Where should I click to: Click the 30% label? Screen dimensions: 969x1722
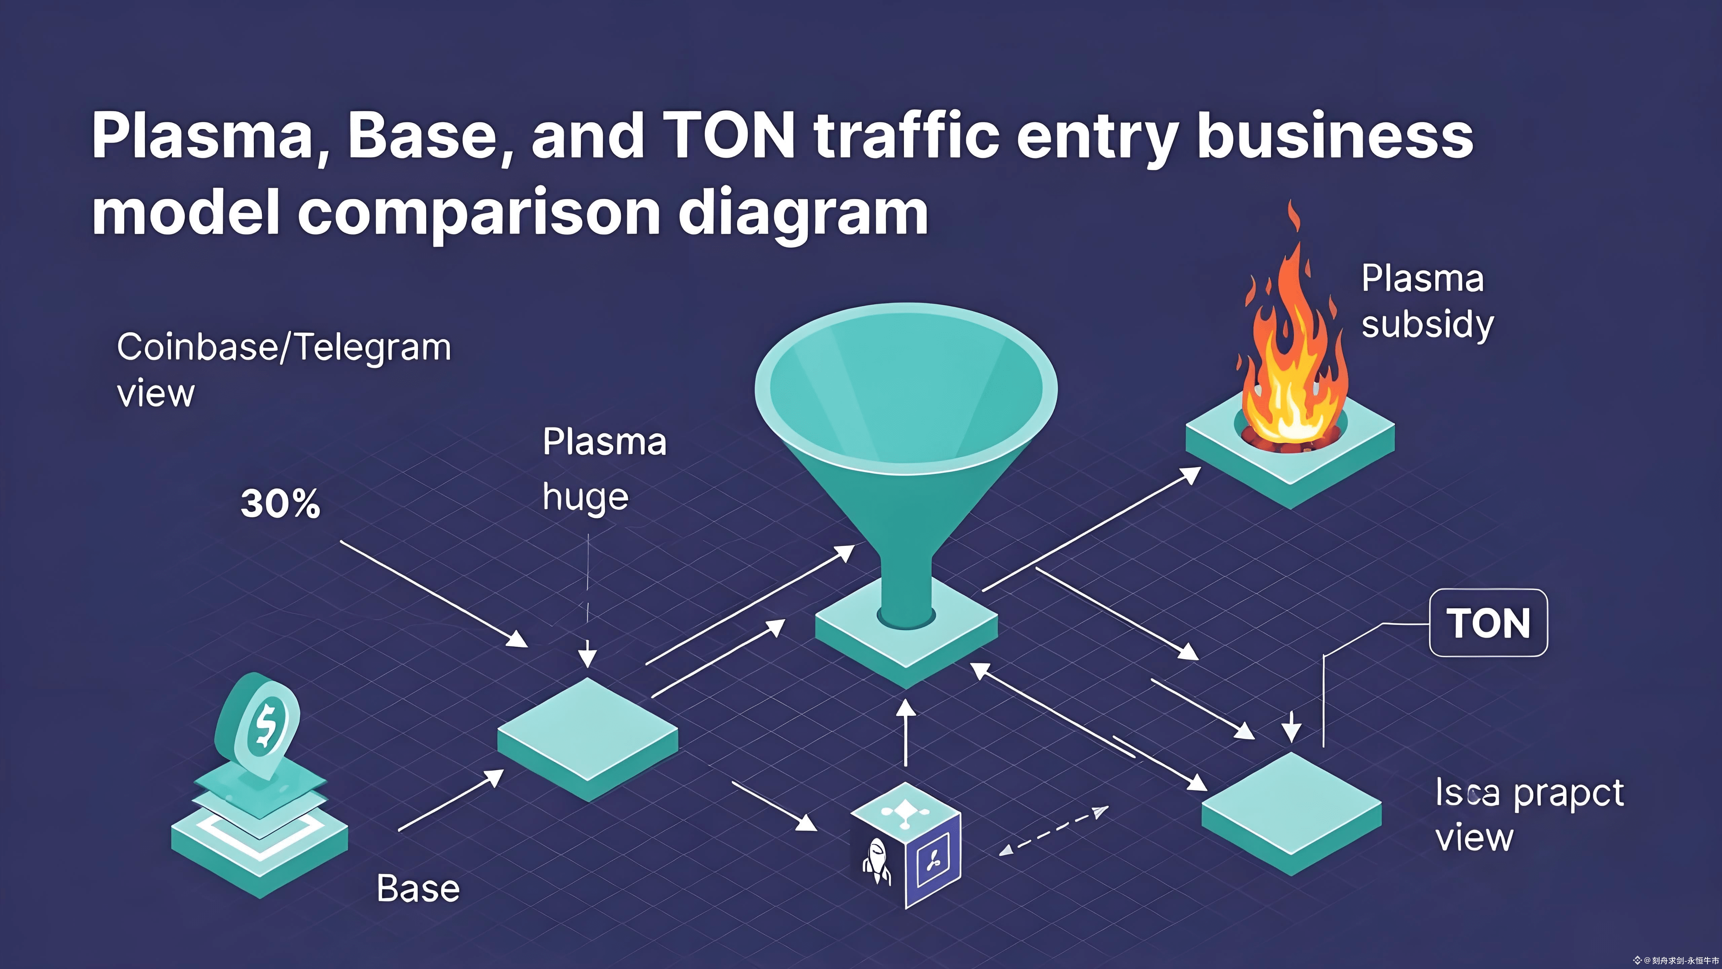coord(280,504)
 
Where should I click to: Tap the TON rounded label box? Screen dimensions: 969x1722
coord(1488,622)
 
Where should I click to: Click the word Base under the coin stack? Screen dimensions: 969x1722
coord(418,889)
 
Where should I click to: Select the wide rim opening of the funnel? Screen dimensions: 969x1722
coord(906,381)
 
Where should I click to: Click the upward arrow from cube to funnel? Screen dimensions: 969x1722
coord(906,732)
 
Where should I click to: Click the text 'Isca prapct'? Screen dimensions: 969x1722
coord(1529,794)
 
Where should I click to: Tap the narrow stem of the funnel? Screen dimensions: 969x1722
coord(906,588)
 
